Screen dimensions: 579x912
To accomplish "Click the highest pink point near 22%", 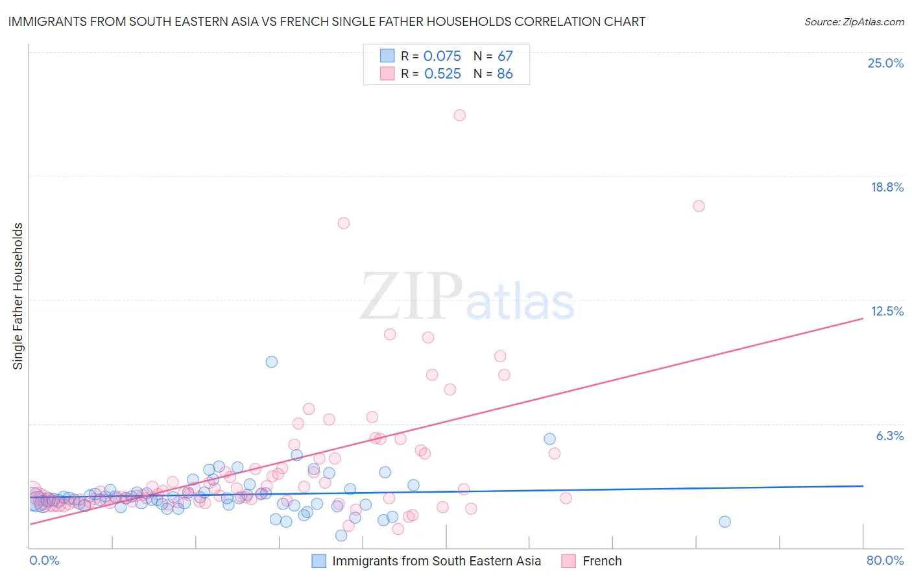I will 459,115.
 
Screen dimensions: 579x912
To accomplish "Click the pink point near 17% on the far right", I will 699,206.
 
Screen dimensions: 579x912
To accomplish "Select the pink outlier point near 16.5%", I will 344,223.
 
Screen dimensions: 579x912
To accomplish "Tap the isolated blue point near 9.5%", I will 272,362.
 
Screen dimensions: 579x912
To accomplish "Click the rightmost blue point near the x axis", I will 725,521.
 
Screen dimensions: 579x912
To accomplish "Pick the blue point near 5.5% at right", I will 549,439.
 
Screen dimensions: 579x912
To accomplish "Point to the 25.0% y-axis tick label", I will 885,63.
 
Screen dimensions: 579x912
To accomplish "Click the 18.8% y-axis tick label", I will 887,187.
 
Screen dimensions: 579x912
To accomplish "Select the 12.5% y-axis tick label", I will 887,311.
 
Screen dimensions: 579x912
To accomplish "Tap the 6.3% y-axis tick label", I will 889,436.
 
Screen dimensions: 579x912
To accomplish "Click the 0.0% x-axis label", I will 44,560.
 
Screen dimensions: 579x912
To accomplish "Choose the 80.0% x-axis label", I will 885,560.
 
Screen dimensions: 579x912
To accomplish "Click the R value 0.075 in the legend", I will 442,56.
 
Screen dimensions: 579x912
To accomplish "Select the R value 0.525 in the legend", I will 442,73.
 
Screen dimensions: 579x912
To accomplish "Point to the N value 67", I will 505,56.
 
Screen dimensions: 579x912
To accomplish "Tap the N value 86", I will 505,73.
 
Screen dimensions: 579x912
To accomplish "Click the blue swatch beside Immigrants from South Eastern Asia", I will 318,561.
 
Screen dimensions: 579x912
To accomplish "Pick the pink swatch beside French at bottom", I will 569,561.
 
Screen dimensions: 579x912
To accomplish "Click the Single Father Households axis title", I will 18,296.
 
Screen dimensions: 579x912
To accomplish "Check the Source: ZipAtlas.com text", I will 854,21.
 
